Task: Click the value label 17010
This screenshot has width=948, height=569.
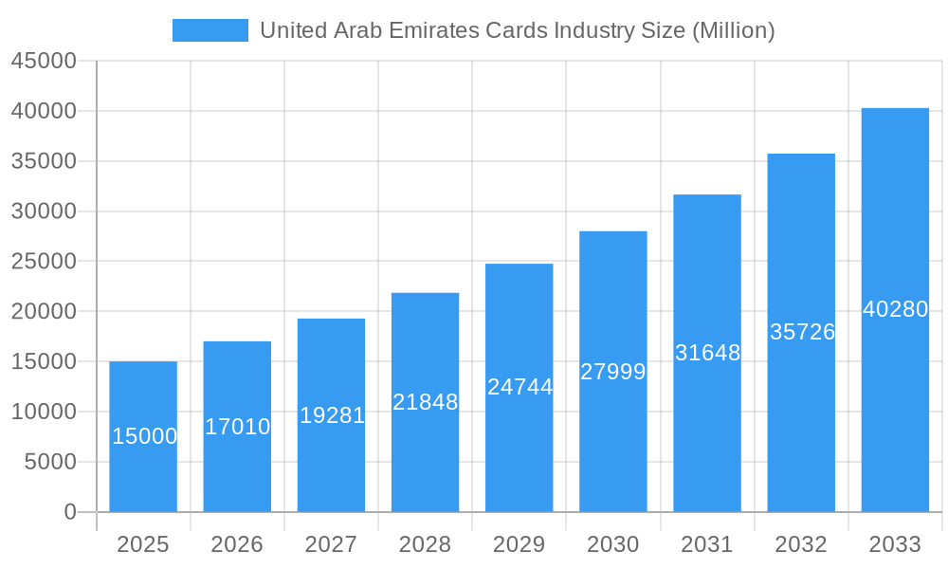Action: (x=238, y=427)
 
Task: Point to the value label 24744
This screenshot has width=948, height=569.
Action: (x=520, y=387)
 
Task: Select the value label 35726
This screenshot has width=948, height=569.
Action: (x=802, y=332)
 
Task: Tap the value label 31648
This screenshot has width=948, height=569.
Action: (x=707, y=353)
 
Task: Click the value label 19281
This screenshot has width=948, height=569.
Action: (x=332, y=415)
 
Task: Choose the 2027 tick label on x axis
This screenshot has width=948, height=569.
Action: (x=332, y=544)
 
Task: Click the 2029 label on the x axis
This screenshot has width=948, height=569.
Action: (x=520, y=544)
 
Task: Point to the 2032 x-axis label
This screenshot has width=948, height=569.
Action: (x=801, y=544)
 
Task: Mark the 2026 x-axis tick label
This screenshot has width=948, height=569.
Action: (x=237, y=544)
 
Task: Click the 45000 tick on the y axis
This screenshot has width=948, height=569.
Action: (x=44, y=61)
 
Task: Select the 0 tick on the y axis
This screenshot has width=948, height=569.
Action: (x=70, y=512)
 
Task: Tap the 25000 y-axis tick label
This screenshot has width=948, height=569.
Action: (x=44, y=261)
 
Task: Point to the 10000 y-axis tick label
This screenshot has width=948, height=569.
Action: (x=44, y=412)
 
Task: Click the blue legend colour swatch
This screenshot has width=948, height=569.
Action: (x=210, y=30)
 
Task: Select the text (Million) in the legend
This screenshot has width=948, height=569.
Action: (x=734, y=30)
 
